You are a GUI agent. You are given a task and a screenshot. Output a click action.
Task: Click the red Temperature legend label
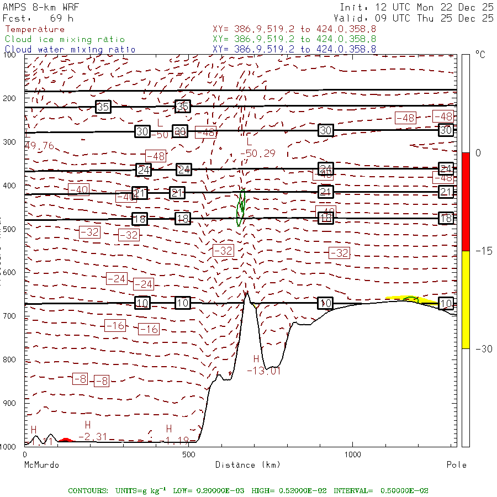tap(35, 29)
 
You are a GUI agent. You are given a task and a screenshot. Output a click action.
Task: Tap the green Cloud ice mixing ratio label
tap(65, 39)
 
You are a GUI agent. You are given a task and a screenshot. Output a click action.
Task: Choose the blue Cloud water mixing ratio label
tap(70, 50)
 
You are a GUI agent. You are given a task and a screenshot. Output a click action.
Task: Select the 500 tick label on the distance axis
tap(188, 454)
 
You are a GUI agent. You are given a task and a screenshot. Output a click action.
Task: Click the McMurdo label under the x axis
tap(41, 465)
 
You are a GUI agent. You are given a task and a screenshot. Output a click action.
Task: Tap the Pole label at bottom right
tap(456, 465)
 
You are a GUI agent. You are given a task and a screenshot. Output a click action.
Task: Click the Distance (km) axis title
tap(235, 465)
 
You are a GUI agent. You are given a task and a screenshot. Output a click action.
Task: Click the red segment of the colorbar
tap(466, 202)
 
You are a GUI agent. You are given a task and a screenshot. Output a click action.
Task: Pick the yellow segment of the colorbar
tap(466, 299)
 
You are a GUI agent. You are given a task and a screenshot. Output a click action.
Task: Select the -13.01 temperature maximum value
tap(263, 371)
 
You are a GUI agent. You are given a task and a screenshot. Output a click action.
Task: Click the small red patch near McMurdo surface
tap(66, 440)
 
